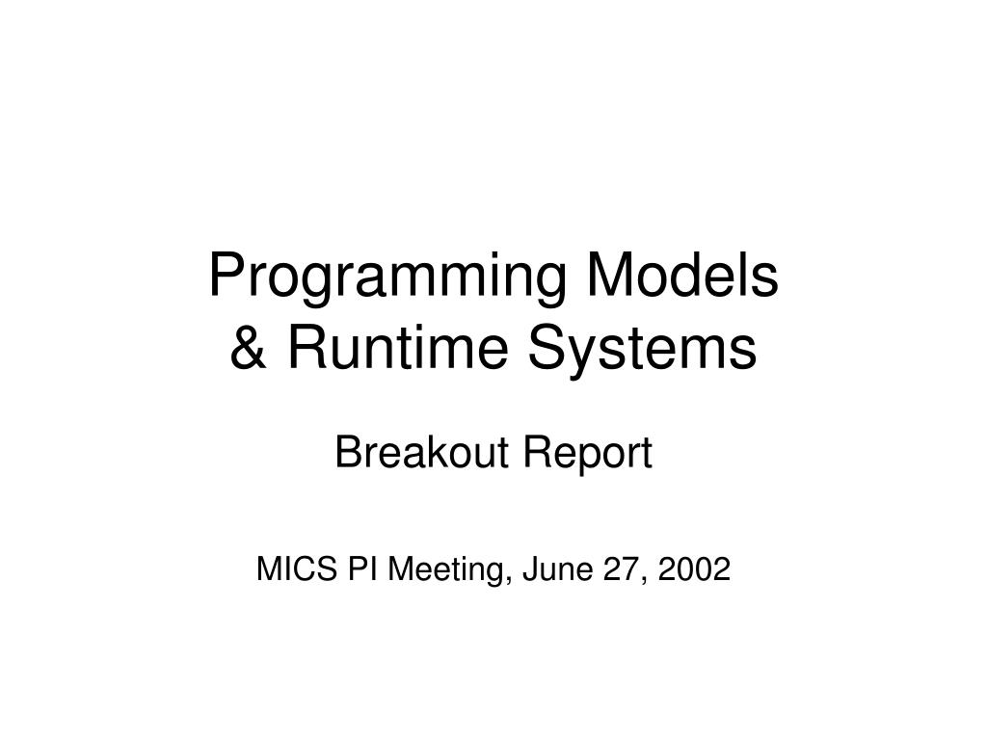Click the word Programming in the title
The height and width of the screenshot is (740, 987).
click(387, 279)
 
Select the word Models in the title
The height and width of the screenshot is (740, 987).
click(682, 275)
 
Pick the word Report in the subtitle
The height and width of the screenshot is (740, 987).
click(588, 455)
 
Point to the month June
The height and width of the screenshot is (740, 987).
click(558, 568)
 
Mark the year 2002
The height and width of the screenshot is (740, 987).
click(694, 568)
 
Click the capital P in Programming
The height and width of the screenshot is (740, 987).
click(227, 275)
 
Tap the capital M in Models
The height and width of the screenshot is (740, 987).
click(609, 275)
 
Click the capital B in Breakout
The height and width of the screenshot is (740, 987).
click(349, 453)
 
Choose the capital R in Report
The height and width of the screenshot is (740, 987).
click(539, 453)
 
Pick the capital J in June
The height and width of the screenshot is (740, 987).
click(531, 568)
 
